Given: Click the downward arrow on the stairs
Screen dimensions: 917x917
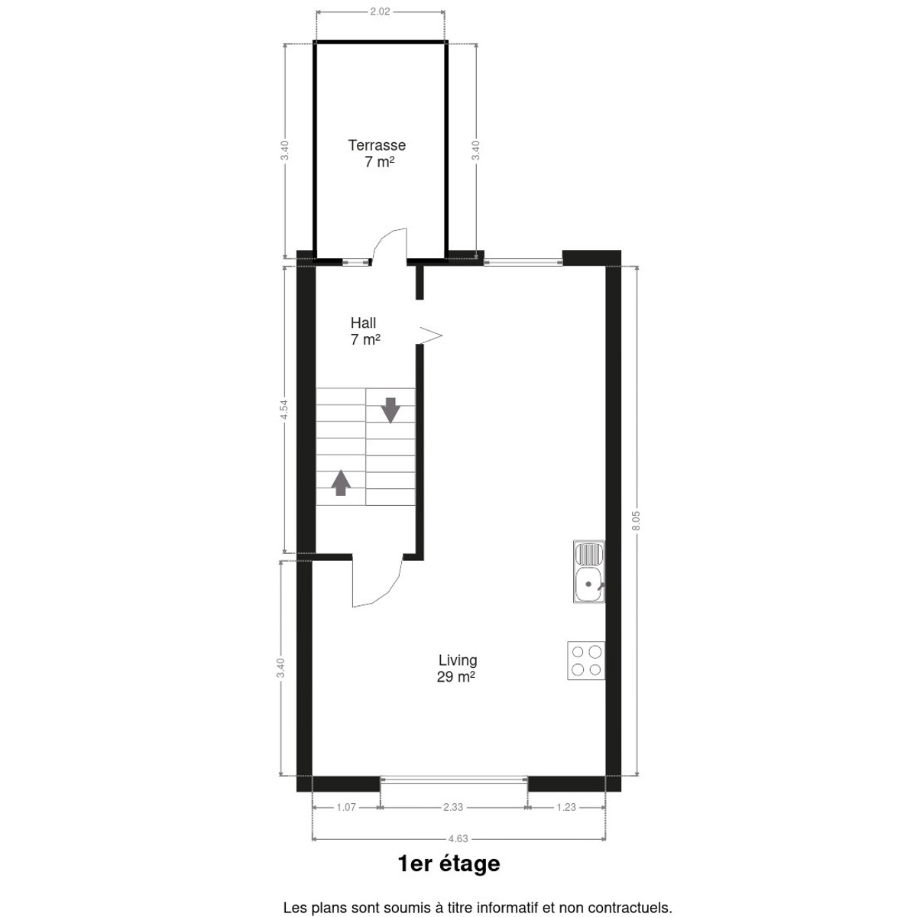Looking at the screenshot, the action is pyautogui.click(x=390, y=410).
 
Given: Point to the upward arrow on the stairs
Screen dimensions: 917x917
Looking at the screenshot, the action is pyautogui.click(x=341, y=482).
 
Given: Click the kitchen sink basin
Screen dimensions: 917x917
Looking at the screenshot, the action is pyautogui.click(x=589, y=585).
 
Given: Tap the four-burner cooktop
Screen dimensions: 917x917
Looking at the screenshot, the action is pyautogui.click(x=586, y=660).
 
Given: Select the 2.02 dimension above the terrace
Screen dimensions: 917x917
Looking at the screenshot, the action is pyautogui.click(x=381, y=12).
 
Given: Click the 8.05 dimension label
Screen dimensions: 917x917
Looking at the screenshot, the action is pyautogui.click(x=637, y=520).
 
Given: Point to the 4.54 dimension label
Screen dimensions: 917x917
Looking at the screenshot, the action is pyautogui.click(x=284, y=410).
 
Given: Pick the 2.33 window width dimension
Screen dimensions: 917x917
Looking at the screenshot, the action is pyautogui.click(x=453, y=807).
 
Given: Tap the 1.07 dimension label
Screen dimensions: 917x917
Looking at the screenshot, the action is pyautogui.click(x=346, y=807).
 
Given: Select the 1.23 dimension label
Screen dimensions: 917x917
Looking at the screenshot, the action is pyautogui.click(x=566, y=807).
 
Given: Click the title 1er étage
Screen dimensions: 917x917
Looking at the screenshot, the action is pyautogui.click(x=449, y=877).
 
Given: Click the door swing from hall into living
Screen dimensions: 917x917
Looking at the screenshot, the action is pyautogui.click(x=377, y=582).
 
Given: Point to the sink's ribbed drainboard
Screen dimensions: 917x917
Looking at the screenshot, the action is pyautogui.click(x=589, y=554).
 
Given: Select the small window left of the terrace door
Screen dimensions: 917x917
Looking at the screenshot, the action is pyautogui.click(x=356, y=262).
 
